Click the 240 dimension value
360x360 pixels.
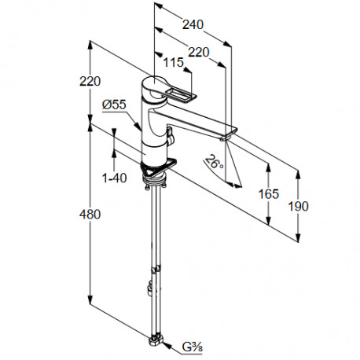click(193, 24)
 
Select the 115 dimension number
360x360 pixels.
click(174, 63)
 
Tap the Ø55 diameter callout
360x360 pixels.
click(114, 105)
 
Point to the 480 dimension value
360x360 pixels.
click(90, 215)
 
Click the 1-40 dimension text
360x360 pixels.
click(114, 178)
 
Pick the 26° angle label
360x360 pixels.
click(215, 162)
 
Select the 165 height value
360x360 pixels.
click(269, 194)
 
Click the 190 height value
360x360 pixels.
click(299, 206)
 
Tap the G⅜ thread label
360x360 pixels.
click(193, 347)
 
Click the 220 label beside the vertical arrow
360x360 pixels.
click(90, 81)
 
